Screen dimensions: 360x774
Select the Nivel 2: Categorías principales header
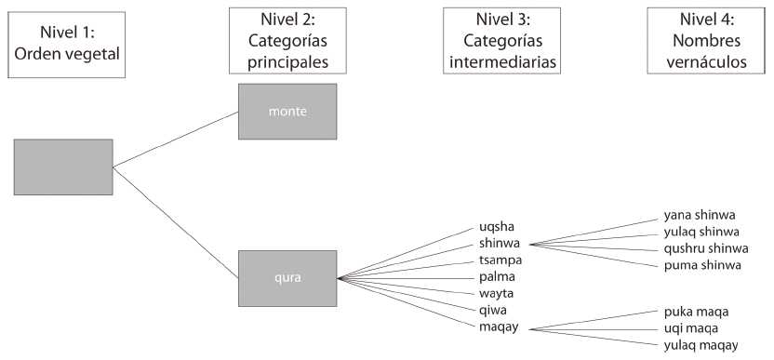pos(287,41)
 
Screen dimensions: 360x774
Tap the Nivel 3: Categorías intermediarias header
pos(503,41)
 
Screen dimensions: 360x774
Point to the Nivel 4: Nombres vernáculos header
pos(704,41)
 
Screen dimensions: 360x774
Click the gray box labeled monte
pos(287,112)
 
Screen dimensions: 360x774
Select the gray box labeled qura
pos(287,277)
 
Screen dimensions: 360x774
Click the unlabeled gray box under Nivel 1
pos(63,167)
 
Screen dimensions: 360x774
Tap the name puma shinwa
pos(702,265)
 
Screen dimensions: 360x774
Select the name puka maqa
pos(697,311)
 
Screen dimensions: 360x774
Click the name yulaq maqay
pos(701,344)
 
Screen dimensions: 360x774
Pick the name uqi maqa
pos(692,327)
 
